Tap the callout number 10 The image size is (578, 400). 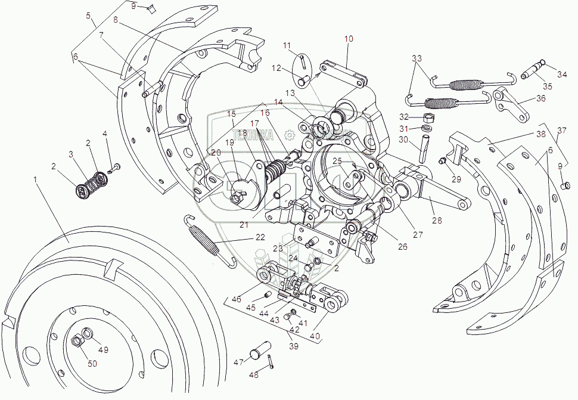point(349,39)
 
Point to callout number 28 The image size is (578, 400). point(437,221)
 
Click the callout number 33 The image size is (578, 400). point(417,58)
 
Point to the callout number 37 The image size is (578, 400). point(562,131)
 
